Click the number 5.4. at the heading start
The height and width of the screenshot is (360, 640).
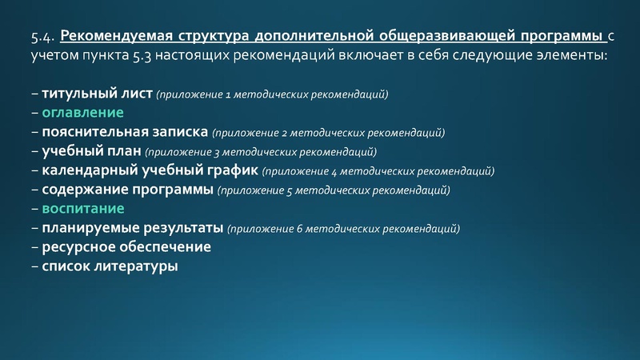pos(43,36)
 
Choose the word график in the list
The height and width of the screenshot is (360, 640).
pos(226,170)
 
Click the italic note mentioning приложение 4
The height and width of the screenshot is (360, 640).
pos(378,171)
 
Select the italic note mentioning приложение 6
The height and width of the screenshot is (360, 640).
pos(344,229)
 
